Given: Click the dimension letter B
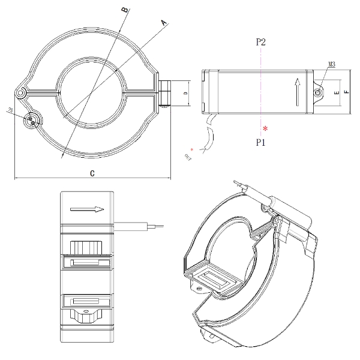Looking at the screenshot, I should click(124, 10).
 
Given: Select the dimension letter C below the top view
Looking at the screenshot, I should click(92, 173).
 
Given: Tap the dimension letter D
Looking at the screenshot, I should click(185, 94).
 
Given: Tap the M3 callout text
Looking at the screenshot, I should click(332, 63).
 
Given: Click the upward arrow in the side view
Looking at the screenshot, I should click(296, 92).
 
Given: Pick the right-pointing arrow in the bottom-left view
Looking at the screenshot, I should click(87, 209).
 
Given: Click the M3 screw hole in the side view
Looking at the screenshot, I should click(317, 92).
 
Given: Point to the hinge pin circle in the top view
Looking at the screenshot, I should click(22, 94).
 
